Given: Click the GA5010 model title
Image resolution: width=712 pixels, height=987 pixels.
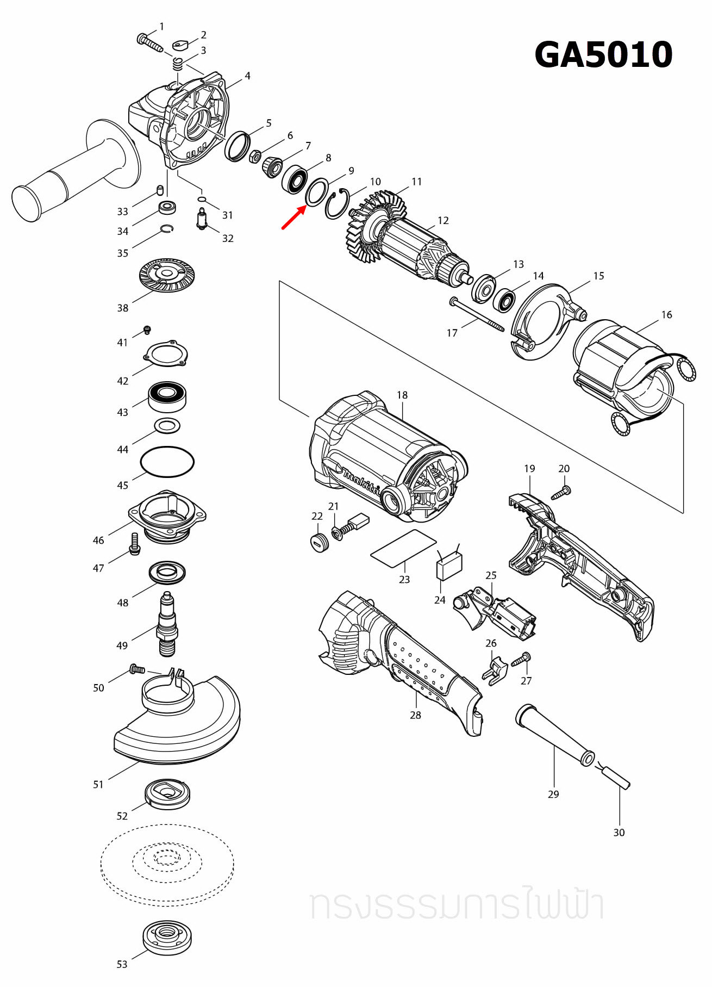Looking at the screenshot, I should pyautogui.click(x=603, y=55).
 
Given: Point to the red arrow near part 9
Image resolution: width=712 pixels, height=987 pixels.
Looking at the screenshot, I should pyautogui.click(x=293, y=217).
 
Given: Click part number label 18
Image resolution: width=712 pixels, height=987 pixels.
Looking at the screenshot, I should pyautogui.click(x=402, y=395).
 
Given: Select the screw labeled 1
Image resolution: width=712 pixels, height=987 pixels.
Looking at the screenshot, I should pyautogui.click(x=149, y=42).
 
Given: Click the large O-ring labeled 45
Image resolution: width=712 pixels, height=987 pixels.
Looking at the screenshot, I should pyautogui.click(x=167, y=462).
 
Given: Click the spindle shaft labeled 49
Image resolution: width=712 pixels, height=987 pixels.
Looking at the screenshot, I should pyautogui.click(x=167, y=625).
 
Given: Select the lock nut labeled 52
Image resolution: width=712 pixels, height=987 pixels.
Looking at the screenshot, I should pyautogui.click(x=167, y=793).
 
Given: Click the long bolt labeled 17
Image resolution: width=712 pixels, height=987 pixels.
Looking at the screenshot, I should pyautogui.click(x=477, y=315).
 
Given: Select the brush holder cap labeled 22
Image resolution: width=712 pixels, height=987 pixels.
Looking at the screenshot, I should pyautogui.click(x=320, y=542).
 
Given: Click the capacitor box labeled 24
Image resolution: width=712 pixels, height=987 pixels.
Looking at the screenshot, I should pyautogui.click(x=449, y=566).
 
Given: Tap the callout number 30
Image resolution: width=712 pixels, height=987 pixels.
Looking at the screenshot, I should pyautogui.click(x=619, y=833).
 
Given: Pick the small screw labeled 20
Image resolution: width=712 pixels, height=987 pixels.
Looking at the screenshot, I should pyautogui.click(x=560, y=493).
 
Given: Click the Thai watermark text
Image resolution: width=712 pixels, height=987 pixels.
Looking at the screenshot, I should pyautogui.click(x=457, y=905).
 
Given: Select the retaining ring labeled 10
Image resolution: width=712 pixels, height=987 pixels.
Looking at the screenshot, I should pyautogui.click(x=336, y=204).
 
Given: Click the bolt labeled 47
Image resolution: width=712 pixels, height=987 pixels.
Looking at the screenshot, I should pyautogui.click(x=135, y=544).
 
